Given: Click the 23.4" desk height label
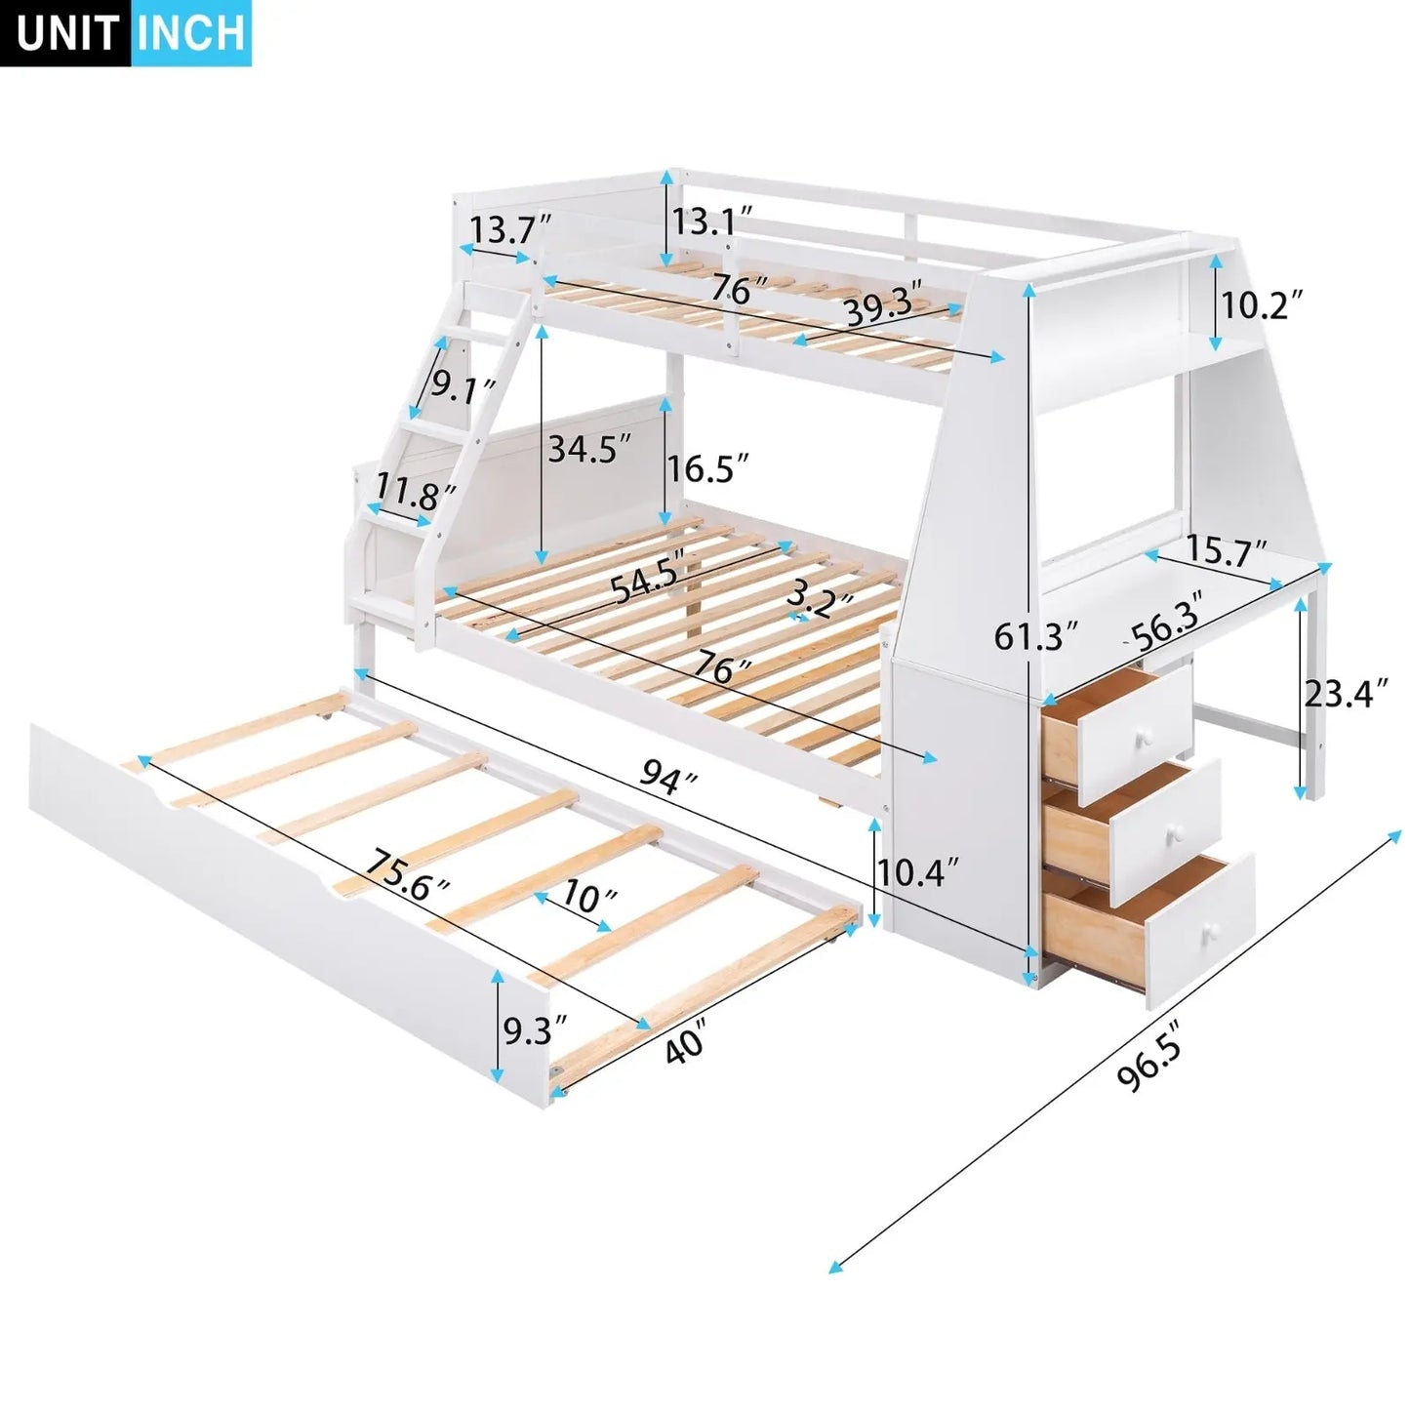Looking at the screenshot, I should click(1346, 694).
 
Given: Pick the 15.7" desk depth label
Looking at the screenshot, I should click(1227, 554).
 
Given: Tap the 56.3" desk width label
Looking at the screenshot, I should click(1165, 628).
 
